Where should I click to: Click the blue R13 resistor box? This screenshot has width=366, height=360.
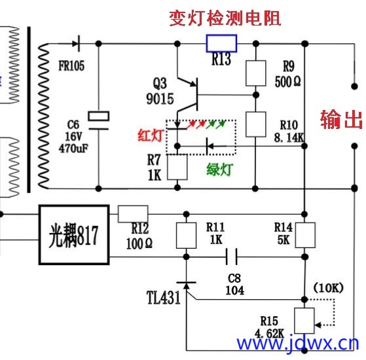click(221, 43)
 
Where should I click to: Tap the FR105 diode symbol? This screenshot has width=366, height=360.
click(77, 43)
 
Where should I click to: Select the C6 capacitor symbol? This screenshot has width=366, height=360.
click(98, 120)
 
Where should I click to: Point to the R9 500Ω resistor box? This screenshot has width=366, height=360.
click(256, 73)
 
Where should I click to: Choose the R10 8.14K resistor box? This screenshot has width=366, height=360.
click(256, 124)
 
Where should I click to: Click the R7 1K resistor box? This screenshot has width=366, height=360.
click(177, 167)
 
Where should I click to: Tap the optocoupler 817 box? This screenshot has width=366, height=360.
click(74, 235)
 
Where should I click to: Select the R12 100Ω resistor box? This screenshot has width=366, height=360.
click(133, 214)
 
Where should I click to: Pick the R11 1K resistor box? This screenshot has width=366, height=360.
click(186, 236)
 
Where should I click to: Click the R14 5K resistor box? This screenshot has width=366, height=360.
click(305, 235)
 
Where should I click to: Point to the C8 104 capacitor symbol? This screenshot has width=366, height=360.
click(232, 257)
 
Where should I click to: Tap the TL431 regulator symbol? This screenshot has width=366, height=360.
click(186, 286)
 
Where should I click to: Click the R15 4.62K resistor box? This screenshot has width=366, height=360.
click(304, 321)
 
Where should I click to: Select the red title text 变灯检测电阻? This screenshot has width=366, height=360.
click(225, 18)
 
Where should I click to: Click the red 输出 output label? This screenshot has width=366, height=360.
click(342, 119)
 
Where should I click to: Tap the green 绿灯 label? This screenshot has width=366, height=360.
click(219, 169)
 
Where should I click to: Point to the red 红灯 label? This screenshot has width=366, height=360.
click(151, 135)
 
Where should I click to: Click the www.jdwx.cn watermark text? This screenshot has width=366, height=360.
click(298, 343)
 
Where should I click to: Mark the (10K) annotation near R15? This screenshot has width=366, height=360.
click(329, 288)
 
